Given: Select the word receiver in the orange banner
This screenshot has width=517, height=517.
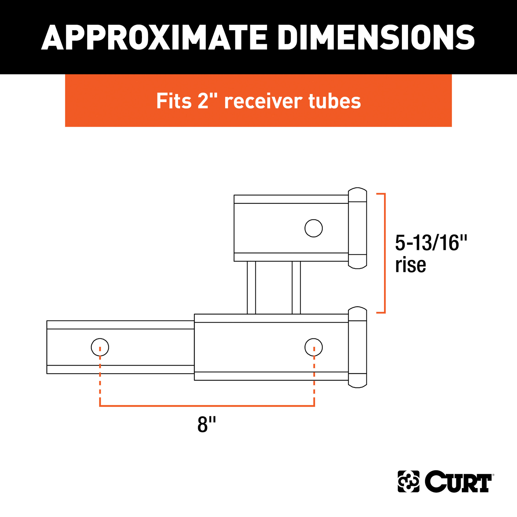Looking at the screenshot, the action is [x=263, y=101].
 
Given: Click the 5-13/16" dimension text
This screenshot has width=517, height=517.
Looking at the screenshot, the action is [x=431, y=243].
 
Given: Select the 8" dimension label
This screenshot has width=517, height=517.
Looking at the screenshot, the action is [x=206, y=424].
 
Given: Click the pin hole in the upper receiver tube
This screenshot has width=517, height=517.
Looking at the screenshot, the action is [x=314, y=228].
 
